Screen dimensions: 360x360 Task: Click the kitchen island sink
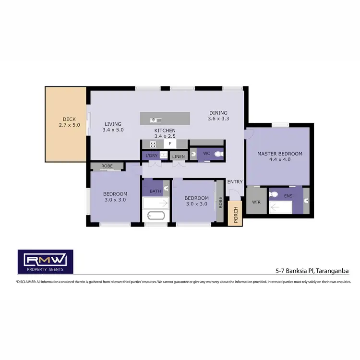click(153, 120)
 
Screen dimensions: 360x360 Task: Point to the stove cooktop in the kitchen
click(153, 144)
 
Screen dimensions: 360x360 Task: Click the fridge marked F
click(169, 144)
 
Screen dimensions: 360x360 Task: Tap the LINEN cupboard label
click(178, 156)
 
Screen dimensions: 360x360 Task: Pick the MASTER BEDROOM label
click(279, 154)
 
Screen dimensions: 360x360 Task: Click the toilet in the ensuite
click(274, 194)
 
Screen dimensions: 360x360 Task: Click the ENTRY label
click(235, 181)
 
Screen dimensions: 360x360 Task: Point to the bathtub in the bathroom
click(155, 215)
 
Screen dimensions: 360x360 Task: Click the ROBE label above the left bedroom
click(107, 167)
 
